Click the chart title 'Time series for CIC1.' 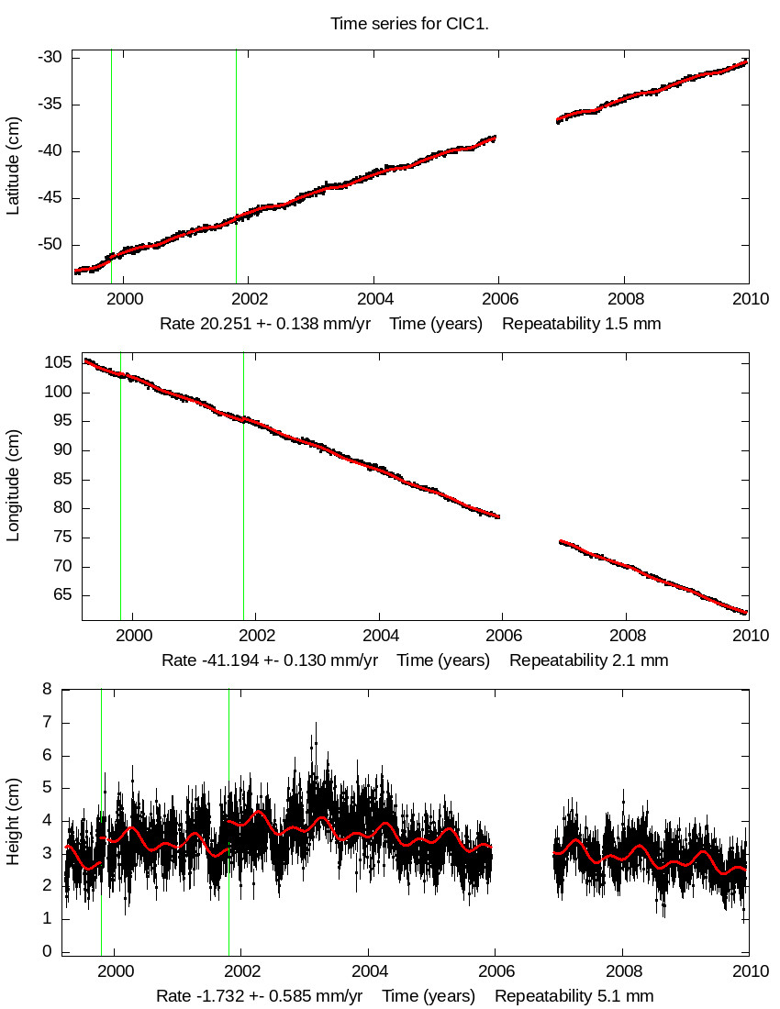tap(409, 24)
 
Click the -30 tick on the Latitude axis tap(50, 58)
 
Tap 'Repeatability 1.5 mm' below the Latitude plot tap(581, 324)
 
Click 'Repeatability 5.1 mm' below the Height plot tap(574, 996)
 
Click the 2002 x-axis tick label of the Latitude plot tap(249, 298)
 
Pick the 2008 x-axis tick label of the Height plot tap(624, 970)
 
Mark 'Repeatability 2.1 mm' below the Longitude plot tap(588, 660)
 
